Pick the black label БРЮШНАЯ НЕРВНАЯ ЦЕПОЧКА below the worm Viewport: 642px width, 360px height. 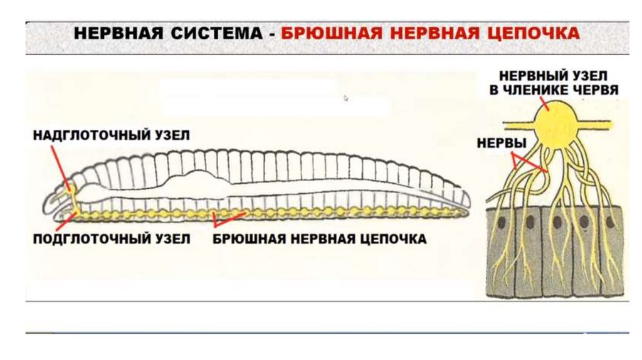(x=320, y=239)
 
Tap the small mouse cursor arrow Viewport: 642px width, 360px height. (x=345, y=98)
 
